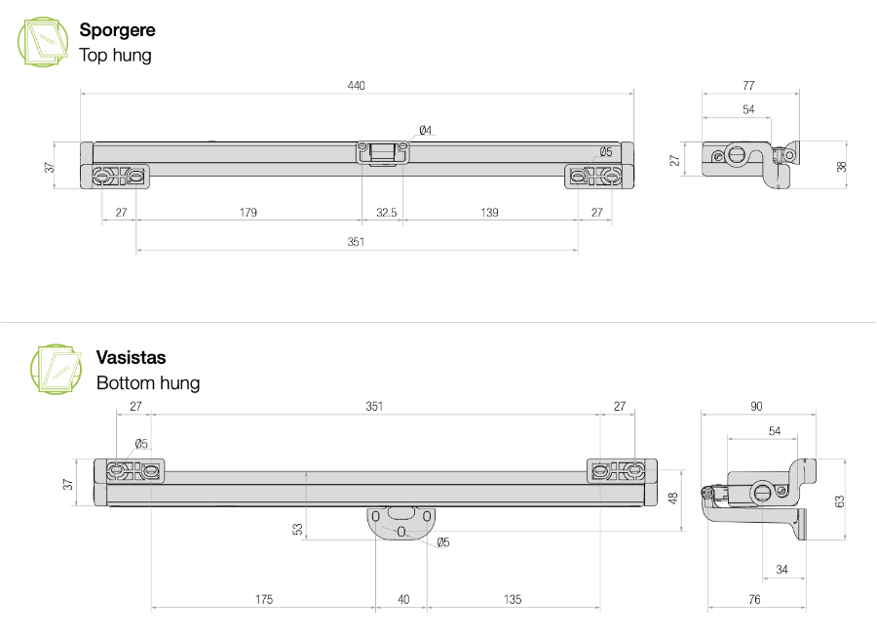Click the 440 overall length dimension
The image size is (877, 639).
(356, 86)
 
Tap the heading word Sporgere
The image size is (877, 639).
(117, 30)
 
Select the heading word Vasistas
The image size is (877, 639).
(131, 358)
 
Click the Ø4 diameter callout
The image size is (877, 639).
(425, 131)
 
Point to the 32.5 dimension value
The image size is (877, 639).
(386, 213)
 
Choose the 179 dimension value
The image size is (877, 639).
(248, 213)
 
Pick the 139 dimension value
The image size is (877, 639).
(488, 213)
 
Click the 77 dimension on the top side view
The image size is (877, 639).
(748, 86)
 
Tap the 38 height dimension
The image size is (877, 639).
(842, 166)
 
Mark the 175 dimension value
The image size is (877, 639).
(263, 599)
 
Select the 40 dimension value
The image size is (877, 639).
(403, 599)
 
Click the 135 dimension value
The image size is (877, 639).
(513, 599)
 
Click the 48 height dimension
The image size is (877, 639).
(672, 498)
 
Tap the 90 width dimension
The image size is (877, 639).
(756, 406)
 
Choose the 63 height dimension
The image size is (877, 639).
(839, 500)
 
